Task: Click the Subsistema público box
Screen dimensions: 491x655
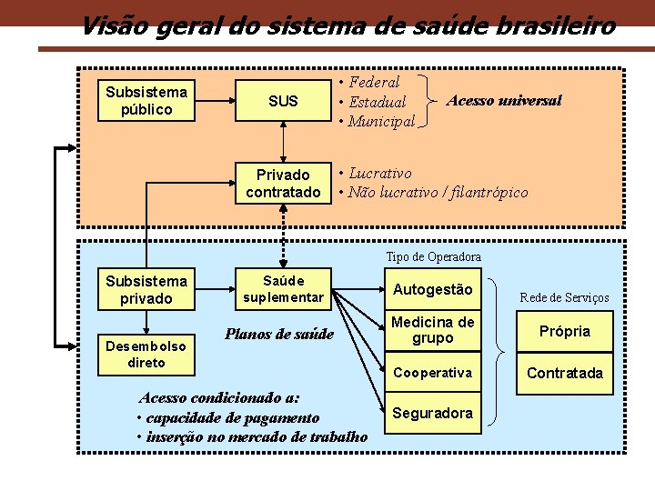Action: pyautogui.click(x=146, y=100)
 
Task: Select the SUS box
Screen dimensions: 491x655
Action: pyautogui.click(x=283, y=100)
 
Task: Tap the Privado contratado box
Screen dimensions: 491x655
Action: pyautogui.click(x=283, y=183)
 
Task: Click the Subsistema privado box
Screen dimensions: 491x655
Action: pyautogui.click(x=146, y=289)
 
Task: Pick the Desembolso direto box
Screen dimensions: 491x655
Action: pyautogui.click(x=146, y=354)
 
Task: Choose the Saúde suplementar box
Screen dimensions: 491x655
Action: pyautogui.click(x=283, y=288)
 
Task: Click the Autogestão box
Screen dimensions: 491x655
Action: pyautogui.click(x=432, y=289)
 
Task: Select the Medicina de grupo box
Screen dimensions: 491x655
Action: pyautogui.click(x=432, y=330)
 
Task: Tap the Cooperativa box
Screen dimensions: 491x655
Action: pyautogui.click(x=432, y=373)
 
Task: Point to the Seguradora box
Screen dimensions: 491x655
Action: pyautogui.click(x=432, y=413)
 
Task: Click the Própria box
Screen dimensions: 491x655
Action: pyautogui.click(x=564, y=331)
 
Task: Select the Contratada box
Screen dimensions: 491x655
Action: pyautogui.click(x=564, y=373)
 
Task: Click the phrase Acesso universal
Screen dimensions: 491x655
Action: pyautogui.click(x=503, y=100)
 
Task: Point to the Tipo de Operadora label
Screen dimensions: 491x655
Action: pyautogui.click(x=433, y=257)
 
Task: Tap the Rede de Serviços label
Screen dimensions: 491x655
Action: pyautogui.click(x=564, y=297)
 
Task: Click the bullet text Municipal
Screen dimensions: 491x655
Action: pyautogui.click(x=381, y=121)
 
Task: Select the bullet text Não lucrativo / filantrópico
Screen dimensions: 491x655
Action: pyautogui.click(x=438, y=192)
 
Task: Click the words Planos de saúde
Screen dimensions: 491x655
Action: pyautogui.click(x=279, y=334)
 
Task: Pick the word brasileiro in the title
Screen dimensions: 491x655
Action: pyautogui.click(x=555, y=25)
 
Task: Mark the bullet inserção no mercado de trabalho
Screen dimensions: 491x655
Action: pyautogui.click(x=257, y=436)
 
